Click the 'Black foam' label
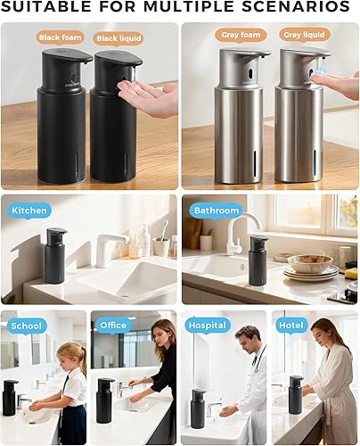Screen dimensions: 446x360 tap(61, 37)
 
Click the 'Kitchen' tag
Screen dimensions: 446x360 tap(29, 211)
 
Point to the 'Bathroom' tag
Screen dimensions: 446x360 tap(217, 211)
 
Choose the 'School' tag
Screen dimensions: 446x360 tap(27, 326)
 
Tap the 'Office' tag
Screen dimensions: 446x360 tap(112, 326)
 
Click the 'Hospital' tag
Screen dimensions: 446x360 tap(207, 326)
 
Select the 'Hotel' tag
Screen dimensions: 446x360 tap(291, 326)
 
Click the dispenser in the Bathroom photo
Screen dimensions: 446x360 tap(258, 260)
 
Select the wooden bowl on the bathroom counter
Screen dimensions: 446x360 tap(310, 263)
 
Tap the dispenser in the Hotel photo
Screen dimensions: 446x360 tap(295, 395)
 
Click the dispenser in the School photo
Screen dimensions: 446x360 tap(10, 397)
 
